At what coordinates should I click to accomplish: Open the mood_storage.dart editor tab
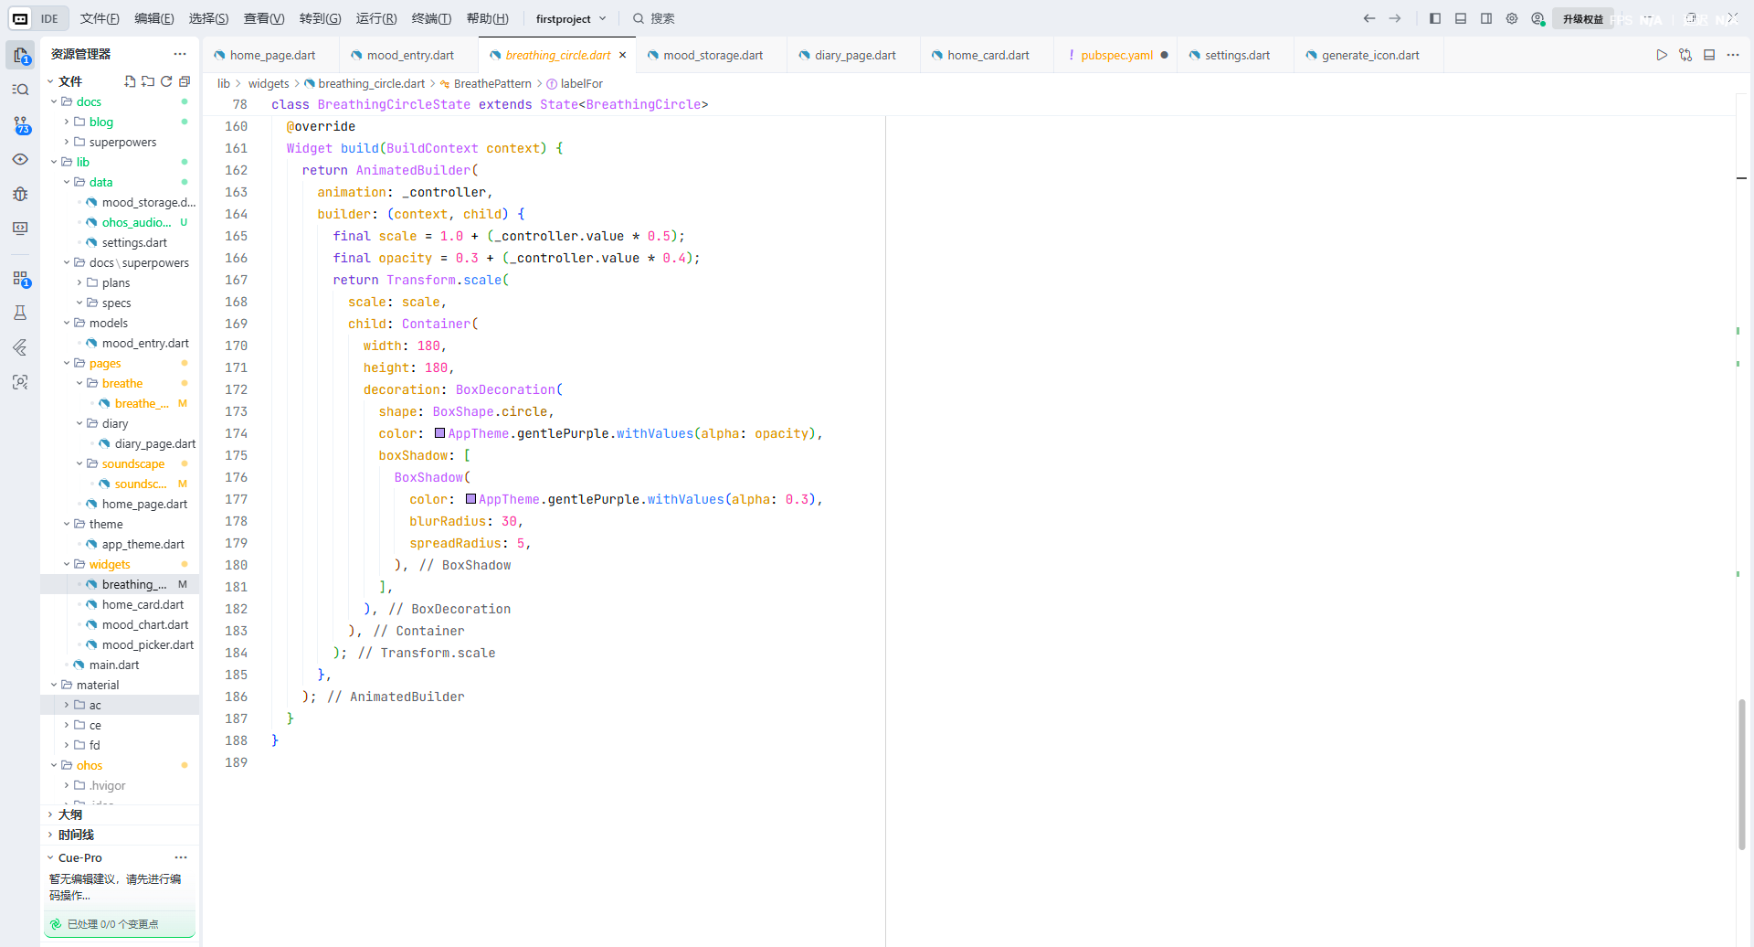713,55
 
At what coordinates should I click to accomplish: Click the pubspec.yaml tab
1116,55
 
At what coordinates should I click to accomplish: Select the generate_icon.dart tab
1369,55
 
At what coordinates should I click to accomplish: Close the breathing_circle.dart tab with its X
623,55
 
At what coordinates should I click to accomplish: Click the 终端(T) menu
431,18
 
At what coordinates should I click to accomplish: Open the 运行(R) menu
376,18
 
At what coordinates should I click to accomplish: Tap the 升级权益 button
1582,18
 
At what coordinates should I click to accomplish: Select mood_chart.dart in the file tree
145,624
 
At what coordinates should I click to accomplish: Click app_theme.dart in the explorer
143,544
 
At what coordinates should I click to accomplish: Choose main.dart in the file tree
114,665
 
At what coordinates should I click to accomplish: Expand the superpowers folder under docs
122,142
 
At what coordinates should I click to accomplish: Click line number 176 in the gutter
236,477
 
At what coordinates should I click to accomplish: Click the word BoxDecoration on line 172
505,389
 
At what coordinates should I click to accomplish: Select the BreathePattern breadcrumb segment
492,83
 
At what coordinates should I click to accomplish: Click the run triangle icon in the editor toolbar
1662,55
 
